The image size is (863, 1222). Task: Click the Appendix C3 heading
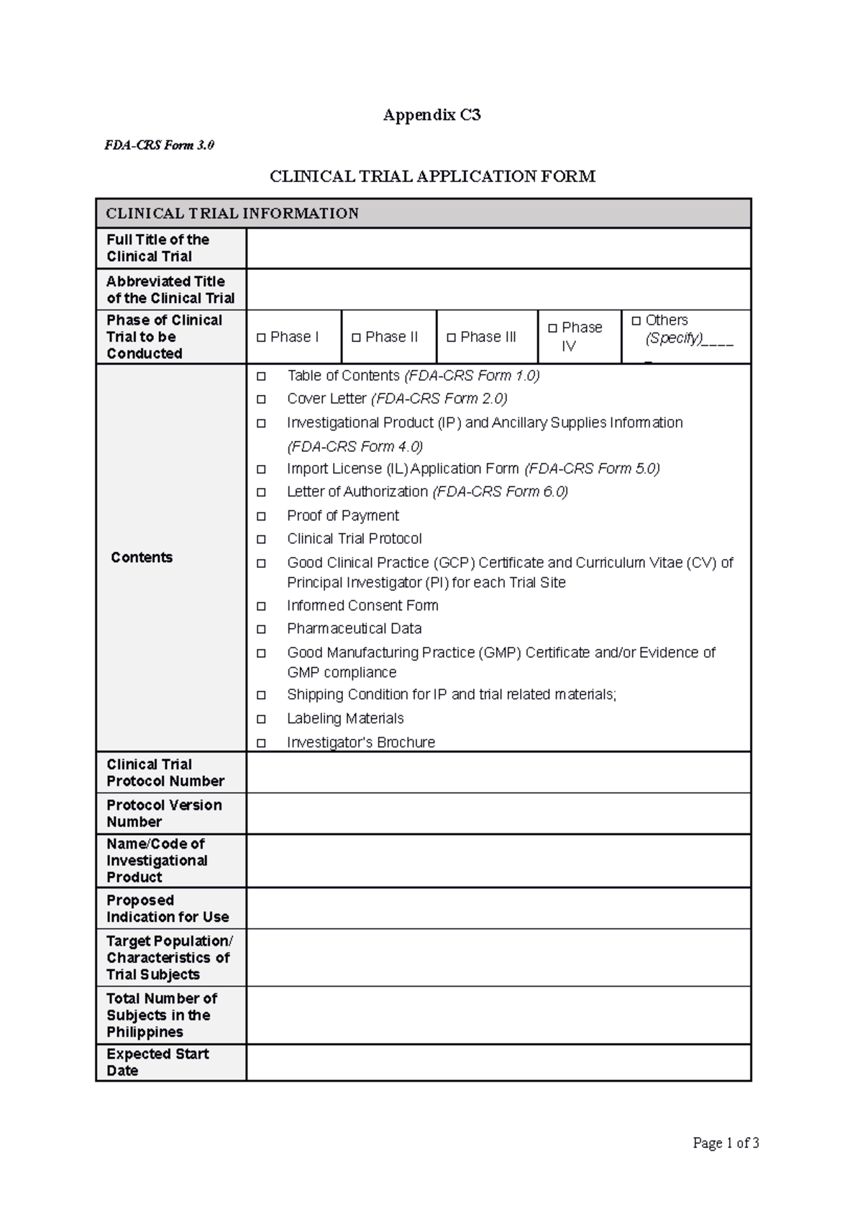tap(431, 114)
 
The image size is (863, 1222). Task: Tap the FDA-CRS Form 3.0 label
tap(159, 145)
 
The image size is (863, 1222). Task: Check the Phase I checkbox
tap(260, 338)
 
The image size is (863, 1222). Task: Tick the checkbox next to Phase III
tap(451, 338)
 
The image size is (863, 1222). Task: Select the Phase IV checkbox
tap(552, 328)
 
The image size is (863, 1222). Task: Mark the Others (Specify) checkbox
tap(636, 320)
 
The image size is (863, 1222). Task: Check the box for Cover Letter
tap(261, 399)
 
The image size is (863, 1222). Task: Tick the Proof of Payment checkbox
tap(261, 516)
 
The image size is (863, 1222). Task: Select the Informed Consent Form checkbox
tap(261, 606)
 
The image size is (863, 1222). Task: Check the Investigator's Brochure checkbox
tap(261, 743)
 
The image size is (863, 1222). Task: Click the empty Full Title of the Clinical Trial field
tap(498, 248)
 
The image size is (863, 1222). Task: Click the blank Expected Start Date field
tap(498, 1062)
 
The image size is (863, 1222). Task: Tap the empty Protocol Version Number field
tap(498, 813)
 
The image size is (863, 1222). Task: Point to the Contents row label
tap(142, 558)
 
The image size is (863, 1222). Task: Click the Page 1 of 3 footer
tap(726, 1143)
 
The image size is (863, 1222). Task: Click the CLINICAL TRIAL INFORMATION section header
tap(232, 214)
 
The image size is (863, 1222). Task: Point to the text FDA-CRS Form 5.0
tap(592, 469)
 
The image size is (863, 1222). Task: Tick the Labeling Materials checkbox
tap(261, 719)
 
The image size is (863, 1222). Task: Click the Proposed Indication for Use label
tap(168, 908)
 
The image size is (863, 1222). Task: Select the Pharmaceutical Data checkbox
tap(261, 629)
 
